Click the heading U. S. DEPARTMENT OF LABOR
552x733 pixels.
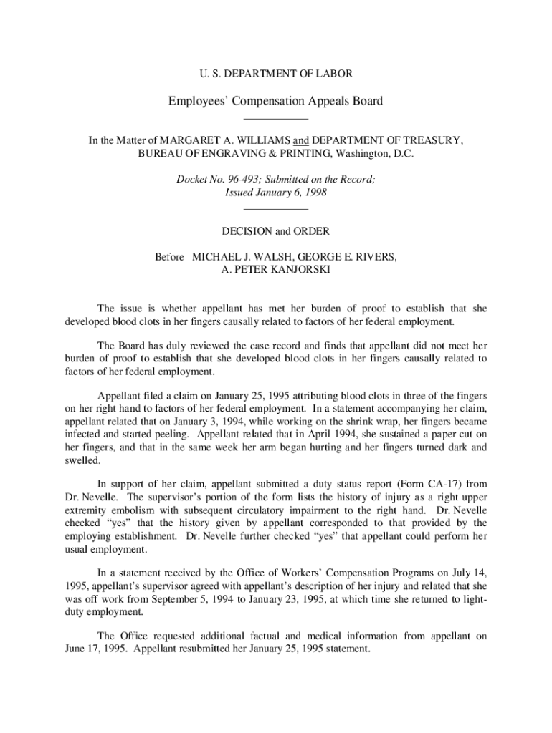coord(275,74)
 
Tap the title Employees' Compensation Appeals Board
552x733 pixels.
coord(275,101)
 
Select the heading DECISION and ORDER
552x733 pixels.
coord(275,231)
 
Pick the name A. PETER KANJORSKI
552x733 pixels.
coord(275,270)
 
